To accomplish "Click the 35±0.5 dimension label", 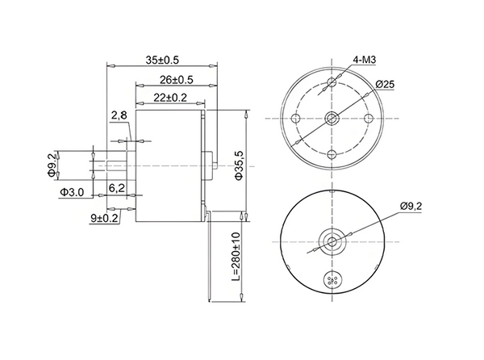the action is point(162,60).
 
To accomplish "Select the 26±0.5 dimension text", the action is point(176,80).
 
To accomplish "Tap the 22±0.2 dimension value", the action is point(170,98).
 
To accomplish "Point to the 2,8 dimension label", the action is point(119,115).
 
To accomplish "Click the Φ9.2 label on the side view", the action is point(52,165).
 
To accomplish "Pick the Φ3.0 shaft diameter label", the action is point(72,192).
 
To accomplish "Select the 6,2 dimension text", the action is point(117,187).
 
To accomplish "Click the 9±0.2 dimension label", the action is point(104,218).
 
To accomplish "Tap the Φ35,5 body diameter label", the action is point(240,165).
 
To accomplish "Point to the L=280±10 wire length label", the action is point(236,256).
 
